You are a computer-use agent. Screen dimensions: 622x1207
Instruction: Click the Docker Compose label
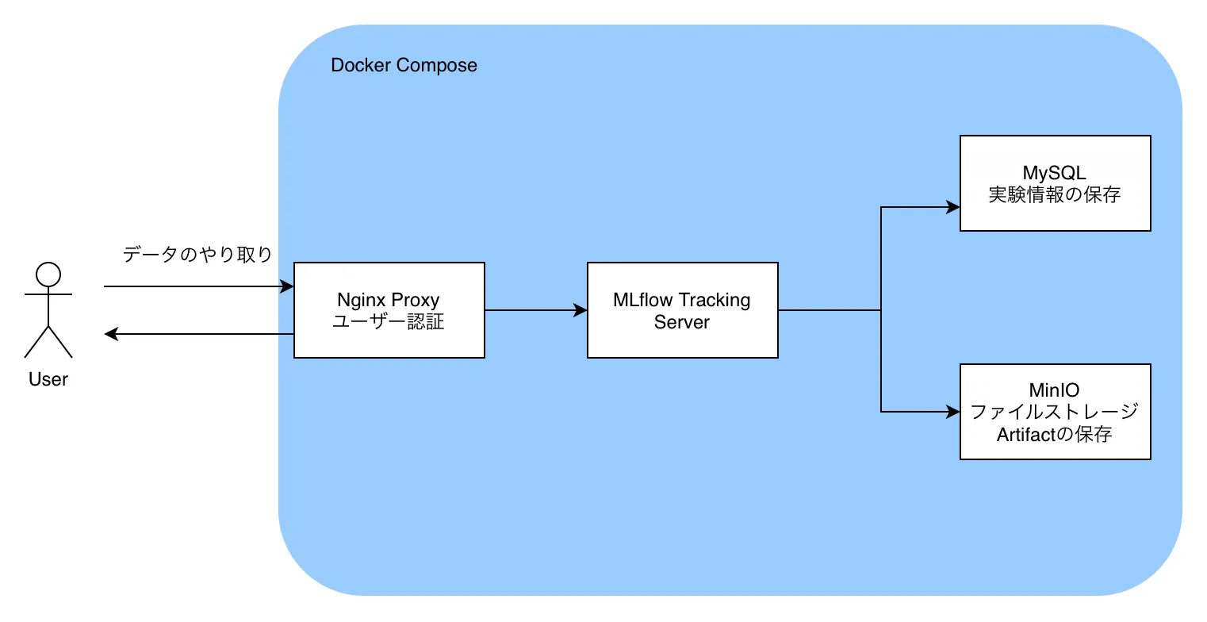404,65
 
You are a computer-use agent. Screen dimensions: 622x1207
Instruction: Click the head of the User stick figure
48,274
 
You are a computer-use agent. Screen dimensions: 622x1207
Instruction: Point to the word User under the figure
48,379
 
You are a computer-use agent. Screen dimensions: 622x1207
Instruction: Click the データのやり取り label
197,255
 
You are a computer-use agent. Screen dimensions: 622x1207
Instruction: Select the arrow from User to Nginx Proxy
198,286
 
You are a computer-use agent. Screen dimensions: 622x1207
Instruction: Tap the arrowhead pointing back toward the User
111,334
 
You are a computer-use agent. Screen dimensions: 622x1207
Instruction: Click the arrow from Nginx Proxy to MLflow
535,310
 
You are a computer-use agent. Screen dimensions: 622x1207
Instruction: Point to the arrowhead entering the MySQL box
953,208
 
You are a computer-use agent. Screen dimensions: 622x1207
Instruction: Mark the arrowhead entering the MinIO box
953,412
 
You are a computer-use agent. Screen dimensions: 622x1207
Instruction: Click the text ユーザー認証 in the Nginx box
389,322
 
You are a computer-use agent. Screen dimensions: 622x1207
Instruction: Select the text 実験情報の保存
1055,194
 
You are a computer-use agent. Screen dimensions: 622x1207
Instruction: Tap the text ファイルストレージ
1055,412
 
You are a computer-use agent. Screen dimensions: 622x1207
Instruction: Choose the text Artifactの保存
1055,434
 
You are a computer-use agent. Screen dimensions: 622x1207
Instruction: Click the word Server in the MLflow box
682,322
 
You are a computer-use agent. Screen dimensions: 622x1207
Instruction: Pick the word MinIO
1055,390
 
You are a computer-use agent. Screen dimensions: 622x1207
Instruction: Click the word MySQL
1055,173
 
